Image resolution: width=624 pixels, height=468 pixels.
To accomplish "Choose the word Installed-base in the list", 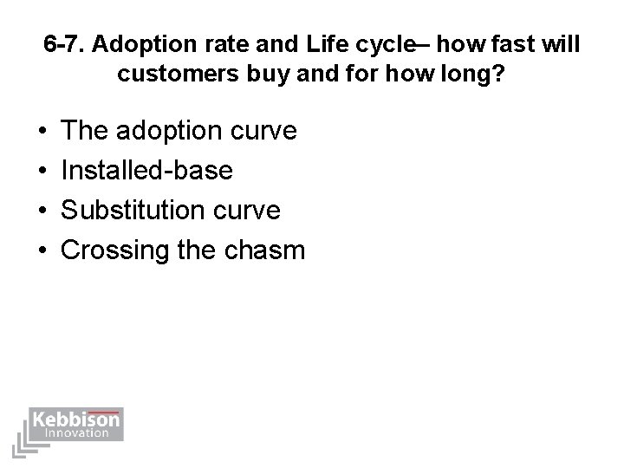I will click(x=147, y=171).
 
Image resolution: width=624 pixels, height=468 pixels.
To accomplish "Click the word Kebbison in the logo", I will click(x=76, y=419).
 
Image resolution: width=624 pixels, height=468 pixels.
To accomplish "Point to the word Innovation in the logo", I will click(x=76, y=432).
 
